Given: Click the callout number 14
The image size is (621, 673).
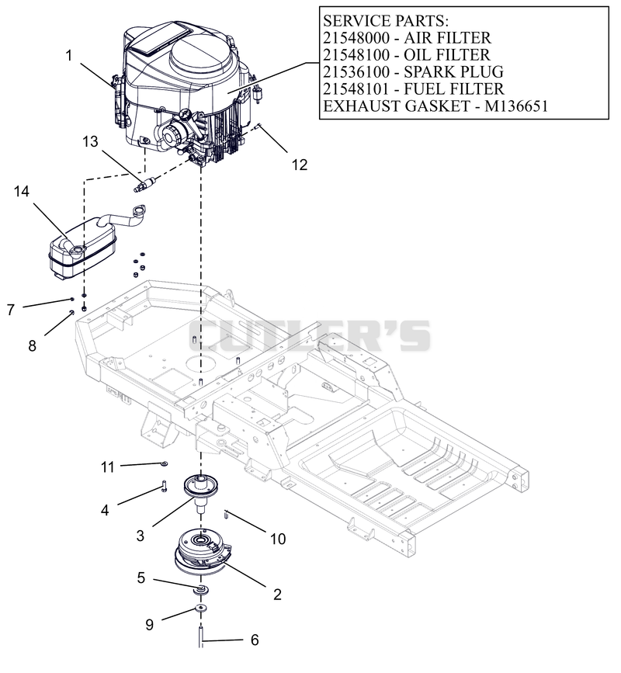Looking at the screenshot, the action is (x=22, y=191).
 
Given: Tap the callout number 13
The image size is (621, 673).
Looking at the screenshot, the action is (x=91, y=141).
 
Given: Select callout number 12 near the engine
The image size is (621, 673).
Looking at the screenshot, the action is (x=300, y=165).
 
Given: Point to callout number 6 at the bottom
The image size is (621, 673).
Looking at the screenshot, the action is (x=255, y=640).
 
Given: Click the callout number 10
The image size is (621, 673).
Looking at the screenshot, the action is (x=278, y=539).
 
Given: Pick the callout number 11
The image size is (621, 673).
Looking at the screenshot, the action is (x=108, y=467).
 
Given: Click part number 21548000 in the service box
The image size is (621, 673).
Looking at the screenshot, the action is (x=356, y=38).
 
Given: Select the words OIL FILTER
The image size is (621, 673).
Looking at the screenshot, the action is (x=447, y=55).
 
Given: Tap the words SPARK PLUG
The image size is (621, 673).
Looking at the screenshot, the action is (x=453, y=71).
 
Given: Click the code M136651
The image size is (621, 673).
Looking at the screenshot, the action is (x=516, y=106).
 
